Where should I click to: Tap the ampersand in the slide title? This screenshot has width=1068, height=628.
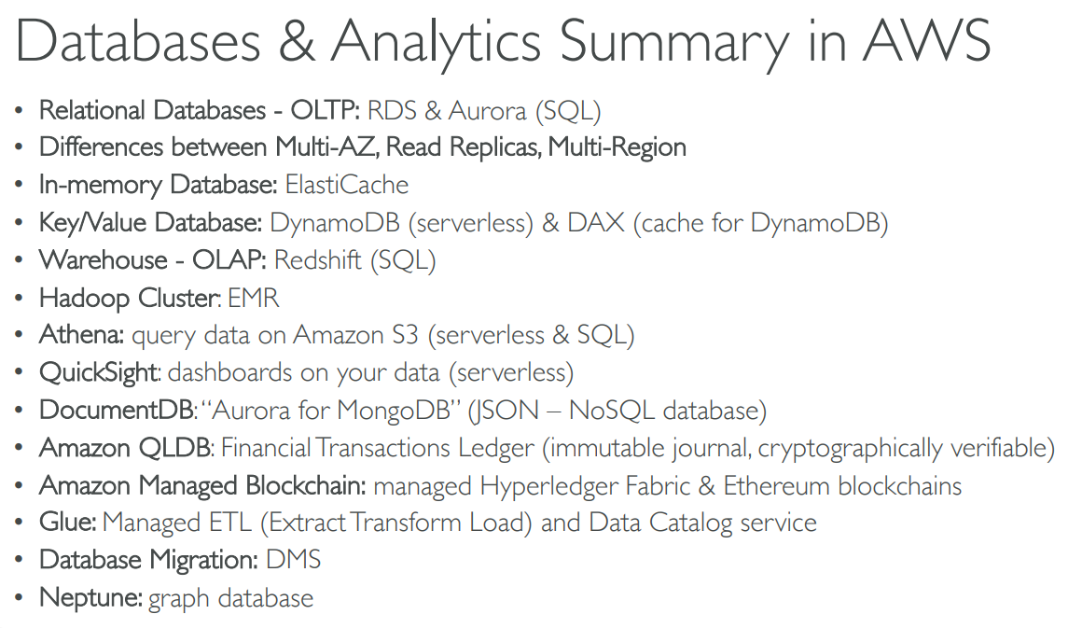[x=297, y=41]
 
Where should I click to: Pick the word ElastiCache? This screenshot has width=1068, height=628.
[x=347, y=185]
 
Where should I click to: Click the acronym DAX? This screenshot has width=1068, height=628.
[x=596, y=223]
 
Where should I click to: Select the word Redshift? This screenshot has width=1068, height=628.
[x=318, y=259]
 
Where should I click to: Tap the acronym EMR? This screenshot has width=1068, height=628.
[x=254, y=298]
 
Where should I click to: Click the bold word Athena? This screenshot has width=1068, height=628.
[x=81, y=334]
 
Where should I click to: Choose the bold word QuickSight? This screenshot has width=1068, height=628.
[x=100, y=373]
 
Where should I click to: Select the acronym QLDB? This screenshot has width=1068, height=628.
[x=175, y=448]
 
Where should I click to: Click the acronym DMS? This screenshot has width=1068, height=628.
[x=293, y=560]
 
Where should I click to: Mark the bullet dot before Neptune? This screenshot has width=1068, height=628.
[x=19, y=598]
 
